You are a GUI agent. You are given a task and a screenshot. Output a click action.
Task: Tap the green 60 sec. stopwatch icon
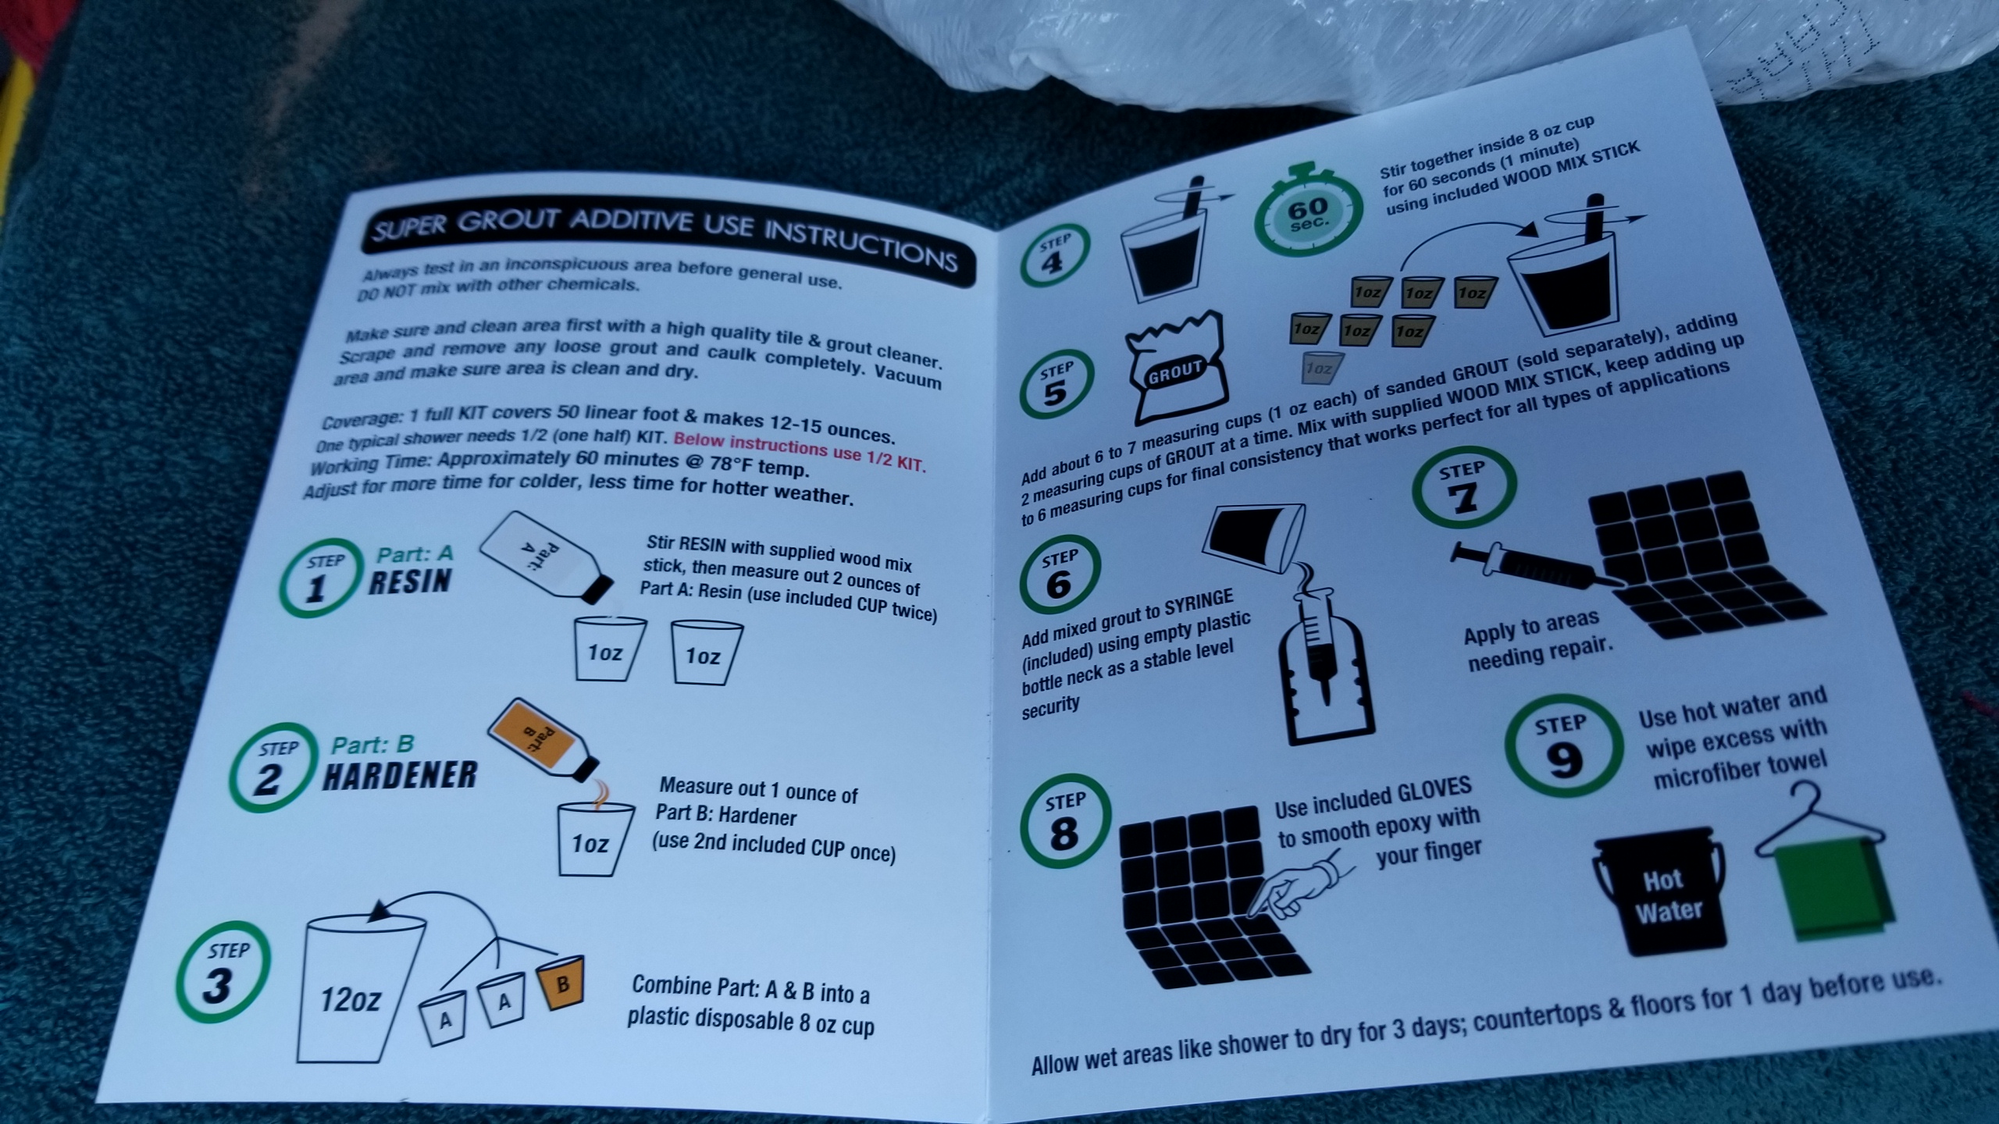[x=1307, y=212]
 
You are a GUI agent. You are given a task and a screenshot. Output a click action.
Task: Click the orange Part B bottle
[x=543, y=740]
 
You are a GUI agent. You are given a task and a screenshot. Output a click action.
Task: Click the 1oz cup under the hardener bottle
[x=592, y=839]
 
